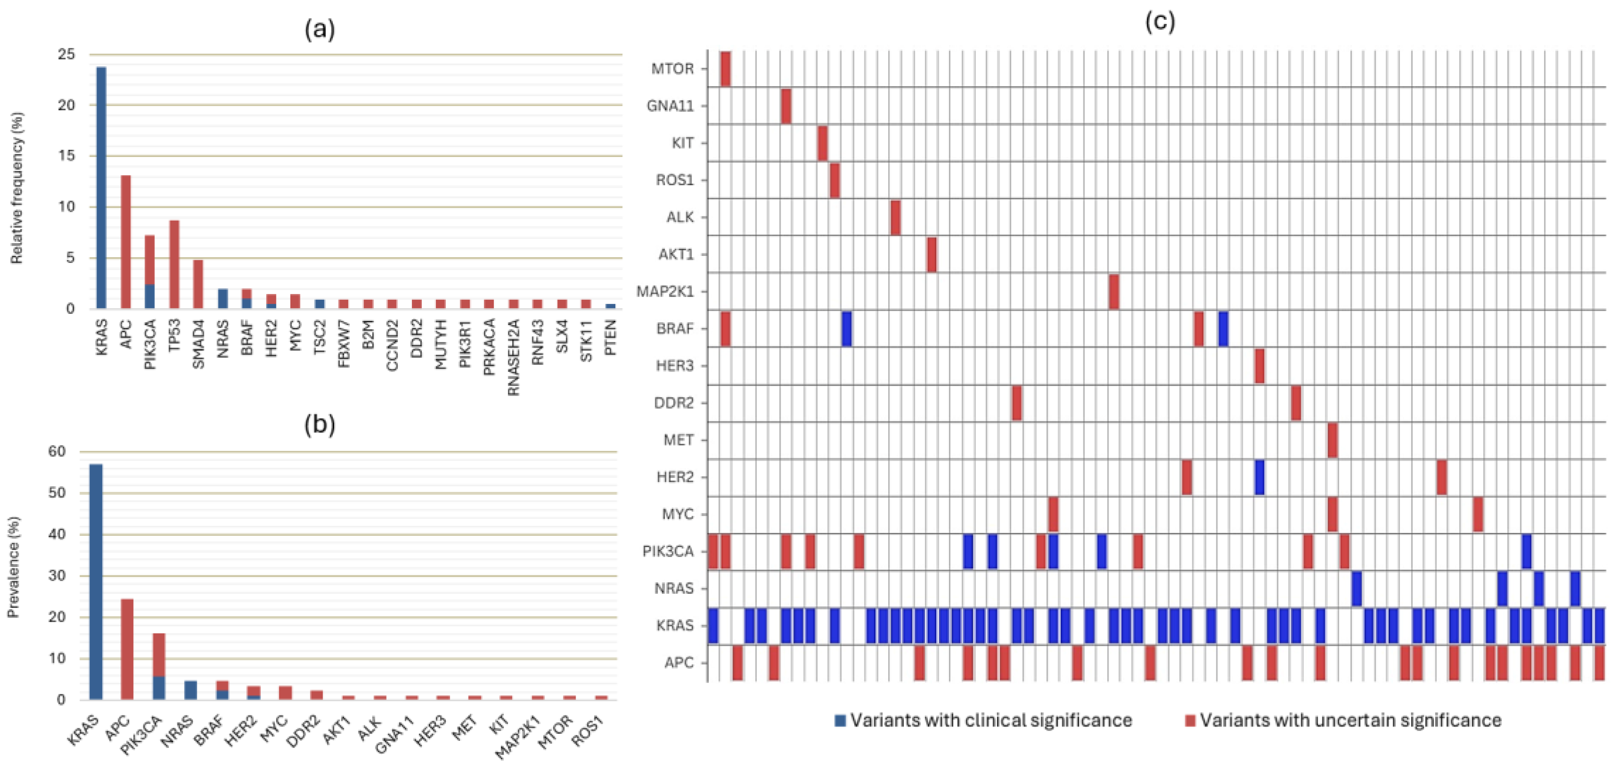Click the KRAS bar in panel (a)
[101, 188]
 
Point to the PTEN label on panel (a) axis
[610, 337]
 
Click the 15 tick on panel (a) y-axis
[66, 155]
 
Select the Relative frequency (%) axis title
[17, 188]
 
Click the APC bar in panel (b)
[127, 649]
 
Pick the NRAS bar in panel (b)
[191, 690]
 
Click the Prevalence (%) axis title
[13, 567]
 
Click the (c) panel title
[1159, 22]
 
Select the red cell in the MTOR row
[725, 69]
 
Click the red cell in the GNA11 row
[786, 106]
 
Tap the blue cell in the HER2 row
[1259, 477]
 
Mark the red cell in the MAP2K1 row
[1114, 292]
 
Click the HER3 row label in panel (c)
[675, 366]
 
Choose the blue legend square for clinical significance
[840, 720]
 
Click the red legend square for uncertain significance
[1190, 720]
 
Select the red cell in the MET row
[1333, 440]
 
